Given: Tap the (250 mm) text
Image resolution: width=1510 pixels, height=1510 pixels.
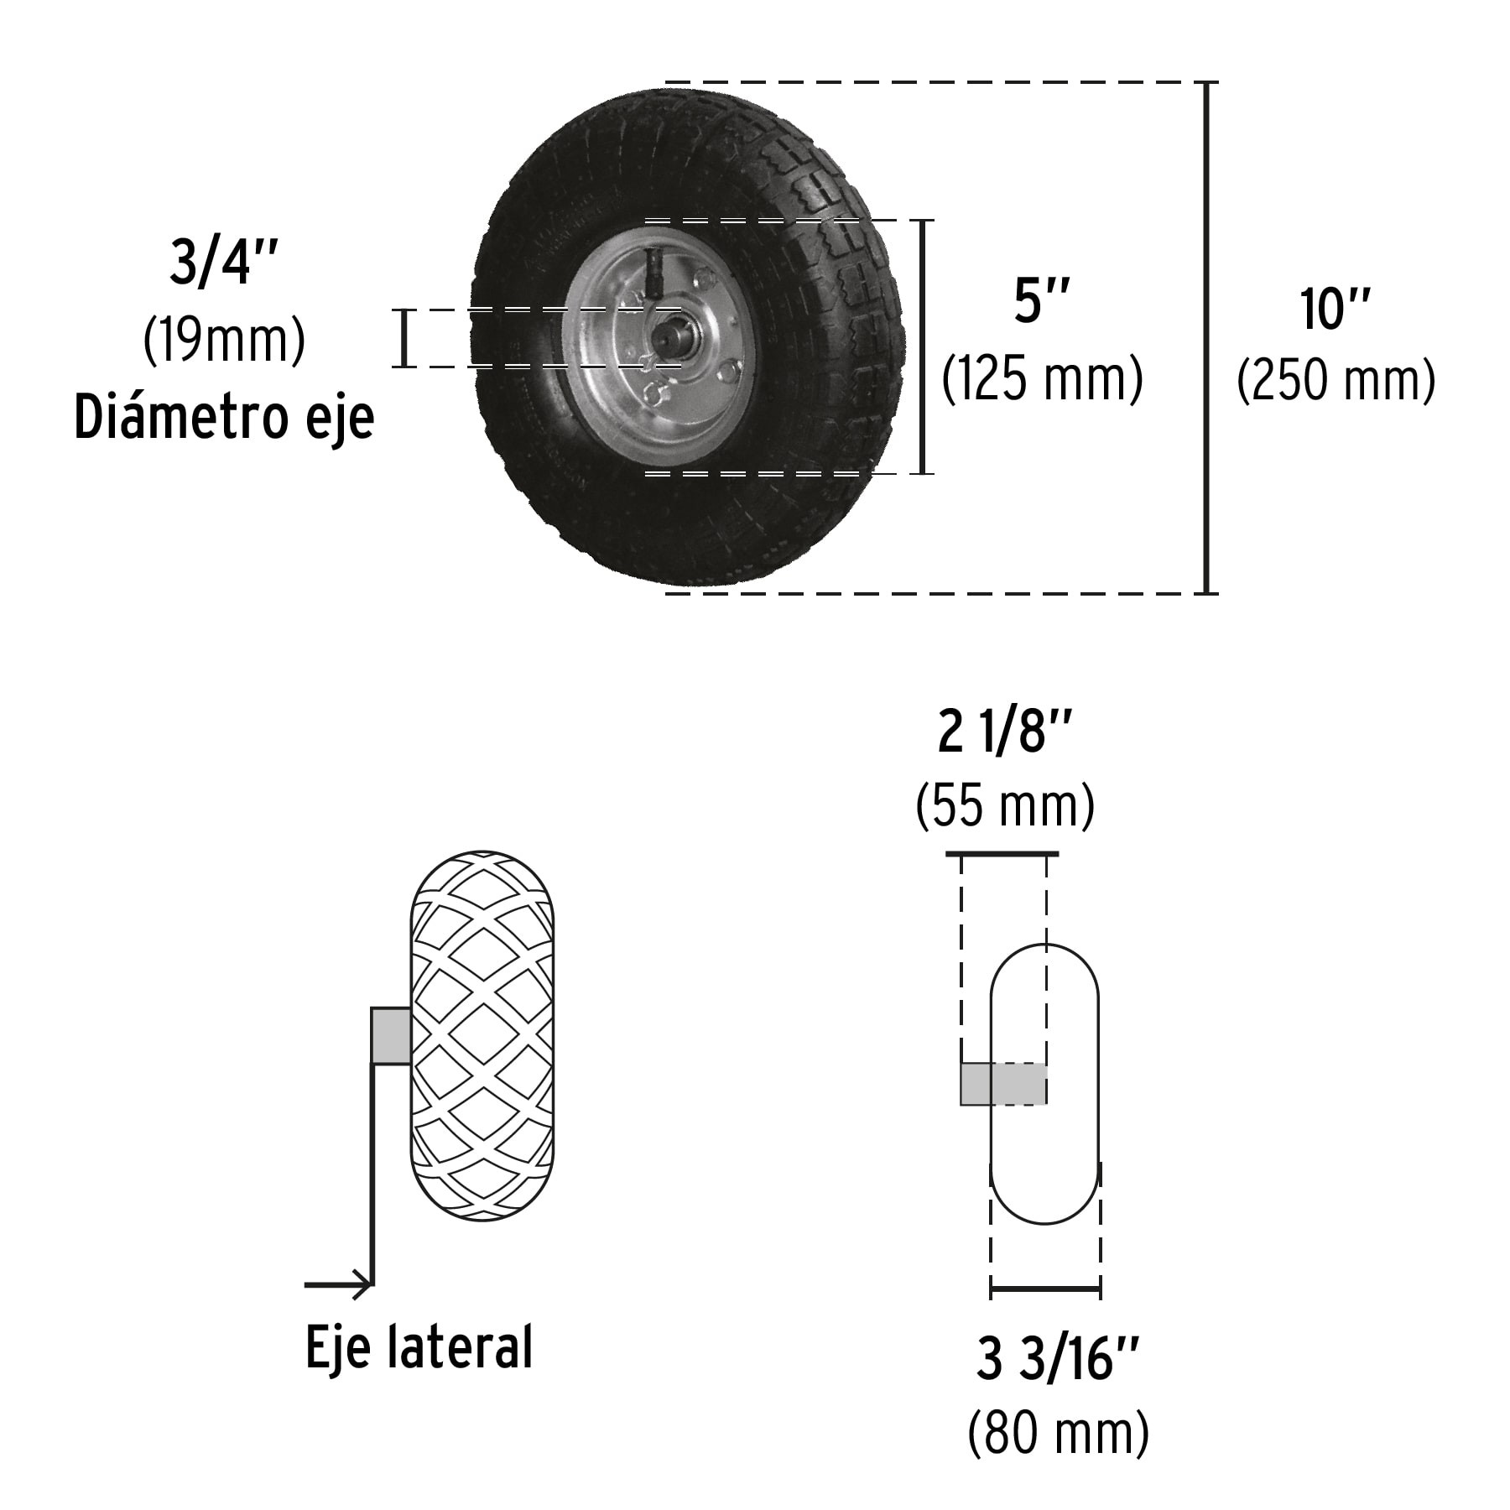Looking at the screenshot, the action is tap(1336, 381).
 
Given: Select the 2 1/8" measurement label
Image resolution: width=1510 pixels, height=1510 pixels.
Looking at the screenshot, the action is tap(1005, 734).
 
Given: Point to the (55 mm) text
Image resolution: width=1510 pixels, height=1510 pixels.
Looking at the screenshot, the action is tap(1005, 805).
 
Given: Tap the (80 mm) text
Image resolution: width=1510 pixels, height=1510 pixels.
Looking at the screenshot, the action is tap(1058, 1431).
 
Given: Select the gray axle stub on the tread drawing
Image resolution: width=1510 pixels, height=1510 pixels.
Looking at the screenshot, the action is tap(391, 1036).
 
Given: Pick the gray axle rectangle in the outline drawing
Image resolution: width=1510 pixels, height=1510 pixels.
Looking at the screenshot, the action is tap(1003, 1084).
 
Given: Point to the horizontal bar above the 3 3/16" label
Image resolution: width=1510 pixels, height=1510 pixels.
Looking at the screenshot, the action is tap(1045, 1288).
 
